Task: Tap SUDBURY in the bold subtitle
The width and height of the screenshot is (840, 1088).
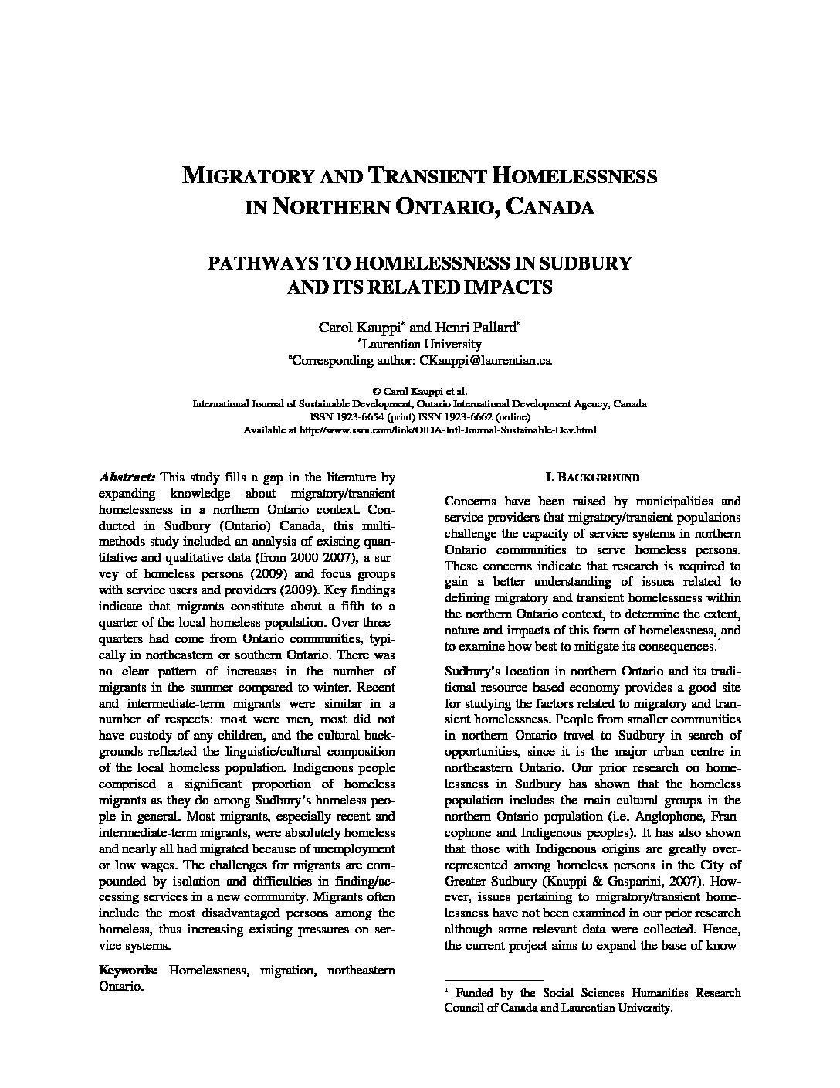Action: tap(588, 263)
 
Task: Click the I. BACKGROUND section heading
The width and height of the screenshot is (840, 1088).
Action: tap(592, 478)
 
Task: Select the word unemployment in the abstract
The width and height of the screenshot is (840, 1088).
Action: tap(357, 848)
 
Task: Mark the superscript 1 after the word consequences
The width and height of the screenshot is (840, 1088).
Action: tap(720, 641)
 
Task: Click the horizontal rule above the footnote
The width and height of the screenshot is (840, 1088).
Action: tap(493, 980)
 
